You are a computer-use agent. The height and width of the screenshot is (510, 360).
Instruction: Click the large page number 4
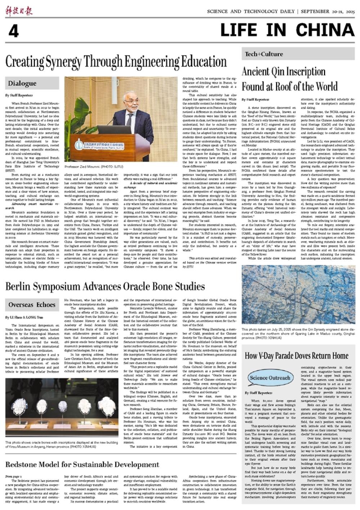[13, 31]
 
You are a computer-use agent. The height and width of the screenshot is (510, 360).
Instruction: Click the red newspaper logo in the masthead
[19, 10]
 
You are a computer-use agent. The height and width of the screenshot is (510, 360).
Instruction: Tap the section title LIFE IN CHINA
[287, 30]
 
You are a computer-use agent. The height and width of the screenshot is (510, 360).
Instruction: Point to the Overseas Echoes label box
[32, 304]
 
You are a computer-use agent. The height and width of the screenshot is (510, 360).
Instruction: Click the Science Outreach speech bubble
[270, 378]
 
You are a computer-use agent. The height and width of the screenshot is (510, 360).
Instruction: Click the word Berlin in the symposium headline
[19, 286]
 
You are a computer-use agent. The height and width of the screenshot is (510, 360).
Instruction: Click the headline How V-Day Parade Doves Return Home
[297, 356]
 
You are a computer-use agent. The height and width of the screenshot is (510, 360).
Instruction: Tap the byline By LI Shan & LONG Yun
[24, 317]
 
